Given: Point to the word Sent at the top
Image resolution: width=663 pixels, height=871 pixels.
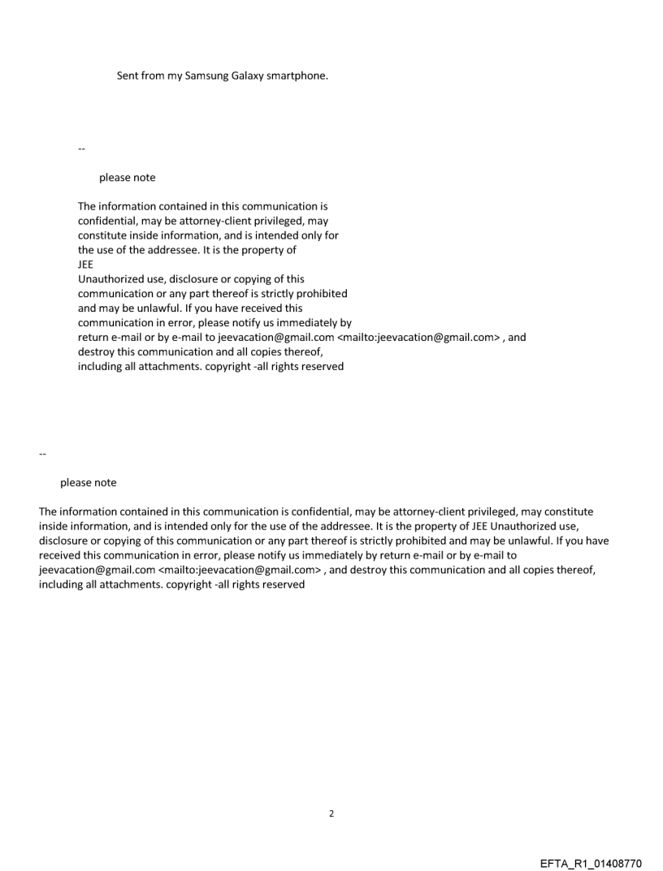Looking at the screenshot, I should pyautogui.click(x=128, y=76).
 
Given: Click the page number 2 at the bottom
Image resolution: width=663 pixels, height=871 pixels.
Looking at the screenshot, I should pyautogui.click(x=331, y=813).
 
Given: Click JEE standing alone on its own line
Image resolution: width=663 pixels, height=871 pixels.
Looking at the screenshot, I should pyautogui.click(x=85, y=265).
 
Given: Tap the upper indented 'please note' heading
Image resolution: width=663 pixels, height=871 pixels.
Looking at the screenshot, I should pyautogui.click(x=128, y=178).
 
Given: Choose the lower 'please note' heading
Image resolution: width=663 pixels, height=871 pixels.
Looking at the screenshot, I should pyautogui.click(x=89, y=483).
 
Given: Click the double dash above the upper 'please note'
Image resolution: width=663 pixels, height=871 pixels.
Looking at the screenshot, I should pyautogui.click(x=81, y=149).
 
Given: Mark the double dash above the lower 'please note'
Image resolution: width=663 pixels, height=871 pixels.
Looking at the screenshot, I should pyautogui.click(x=42, y=453).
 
